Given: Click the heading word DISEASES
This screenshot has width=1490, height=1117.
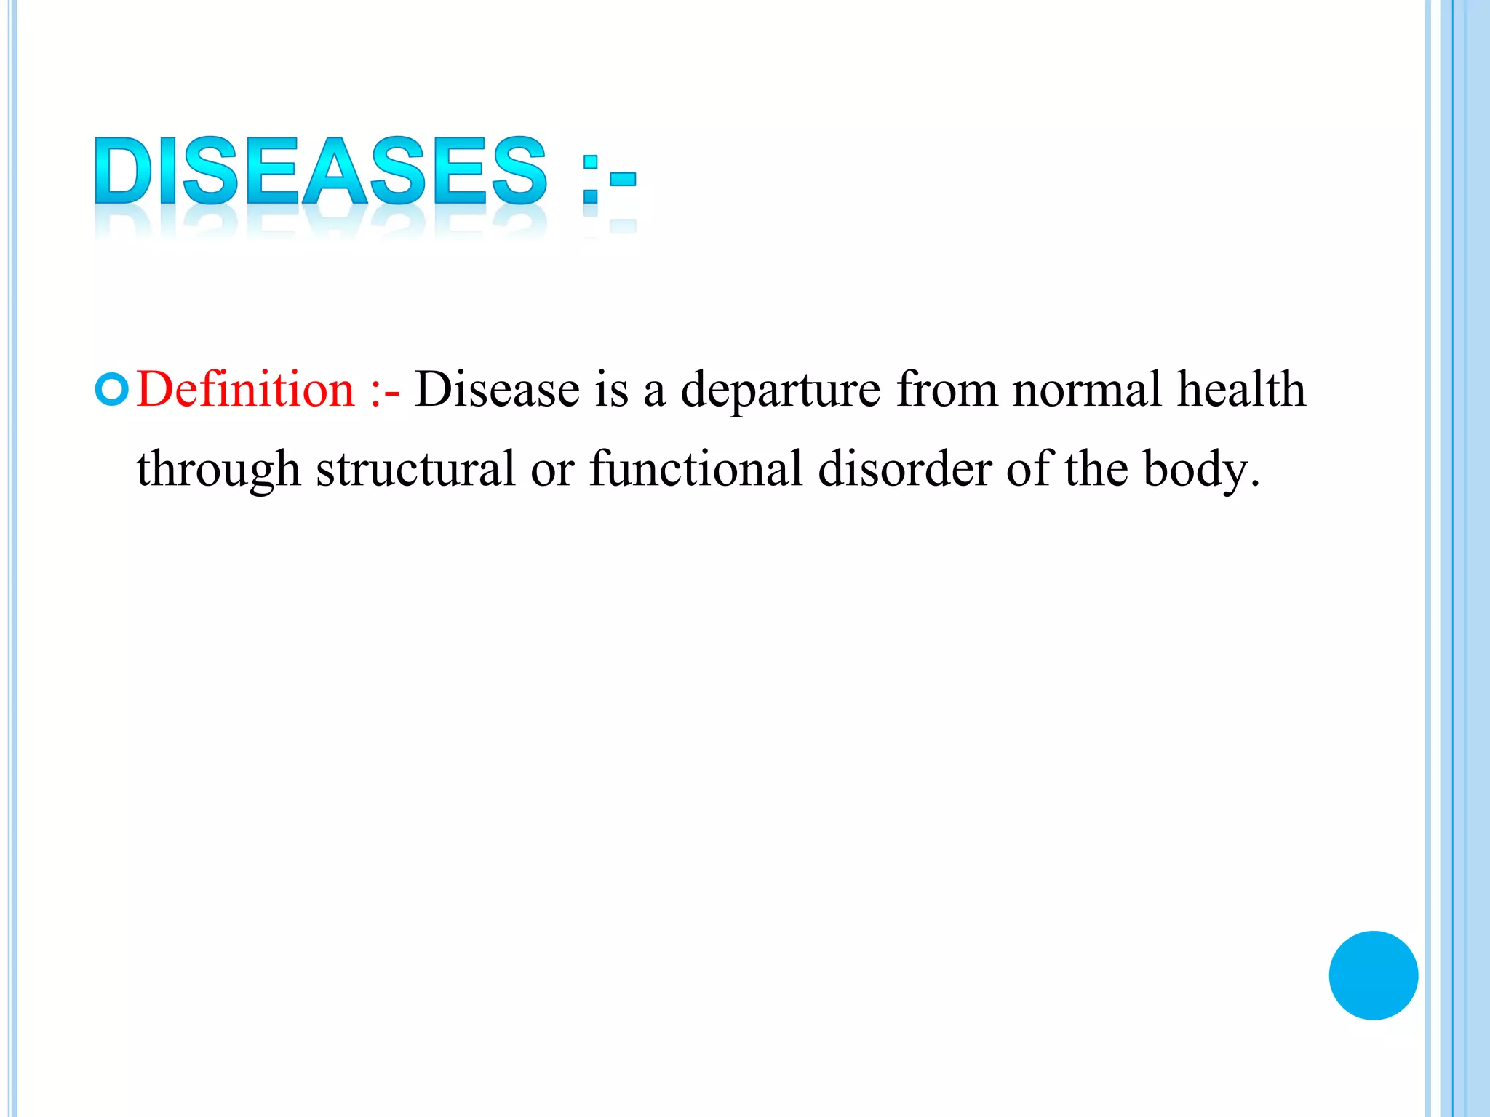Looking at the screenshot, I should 320,171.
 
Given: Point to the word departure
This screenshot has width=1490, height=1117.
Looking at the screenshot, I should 781,391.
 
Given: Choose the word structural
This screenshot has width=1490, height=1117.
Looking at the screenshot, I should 415,469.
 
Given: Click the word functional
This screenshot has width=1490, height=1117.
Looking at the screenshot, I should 696,469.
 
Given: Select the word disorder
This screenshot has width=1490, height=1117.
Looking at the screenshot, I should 904,469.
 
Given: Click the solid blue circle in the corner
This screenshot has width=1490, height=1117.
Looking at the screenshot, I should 1373,975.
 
